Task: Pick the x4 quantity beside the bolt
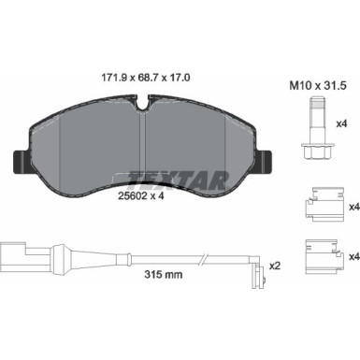340,123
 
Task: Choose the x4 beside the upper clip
340,208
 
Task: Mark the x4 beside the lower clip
340,254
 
